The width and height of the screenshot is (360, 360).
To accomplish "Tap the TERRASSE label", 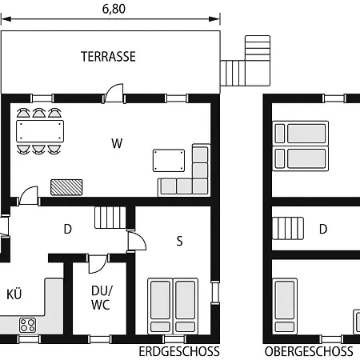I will (x=108, y=57).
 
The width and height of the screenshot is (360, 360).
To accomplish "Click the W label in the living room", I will (x=117, y=144).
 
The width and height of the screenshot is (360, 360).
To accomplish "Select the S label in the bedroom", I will (x=179, y=240).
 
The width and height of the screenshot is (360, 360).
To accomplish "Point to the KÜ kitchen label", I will (x=14, y=294).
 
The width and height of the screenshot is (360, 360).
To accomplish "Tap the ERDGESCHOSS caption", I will (x=178, y=351).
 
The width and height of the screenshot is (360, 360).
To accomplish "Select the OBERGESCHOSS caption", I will (x=309, y=351).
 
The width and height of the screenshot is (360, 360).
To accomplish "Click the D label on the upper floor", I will (x=323, y=229).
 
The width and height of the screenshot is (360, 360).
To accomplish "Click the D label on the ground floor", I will (x=68, y=230).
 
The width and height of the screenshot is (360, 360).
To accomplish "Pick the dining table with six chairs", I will (x=40, y=130).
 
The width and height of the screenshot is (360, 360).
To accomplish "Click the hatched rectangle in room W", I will (x=66, y=186).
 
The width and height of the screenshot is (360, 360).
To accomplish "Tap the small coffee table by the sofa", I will (x=169, y=160).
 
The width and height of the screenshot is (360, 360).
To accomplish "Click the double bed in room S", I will (x=173, y=305).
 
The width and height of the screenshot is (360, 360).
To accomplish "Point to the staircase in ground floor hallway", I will (x=110, y=217).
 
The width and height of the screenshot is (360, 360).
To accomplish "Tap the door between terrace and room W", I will (x=115, y=94).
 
